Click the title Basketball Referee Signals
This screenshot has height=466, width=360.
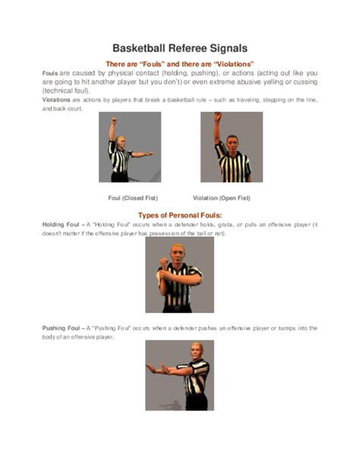(179, 48)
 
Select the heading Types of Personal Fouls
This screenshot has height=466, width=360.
(179, 214)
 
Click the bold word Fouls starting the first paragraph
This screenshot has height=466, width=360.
(50, 72)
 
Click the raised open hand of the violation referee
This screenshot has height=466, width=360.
(216, 117)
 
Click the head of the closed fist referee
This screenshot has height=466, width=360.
(122, 134)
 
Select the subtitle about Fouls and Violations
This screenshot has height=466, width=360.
(179, 63)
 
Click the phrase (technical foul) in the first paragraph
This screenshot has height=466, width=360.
(67, 90)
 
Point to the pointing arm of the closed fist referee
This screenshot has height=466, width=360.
(143, 154)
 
